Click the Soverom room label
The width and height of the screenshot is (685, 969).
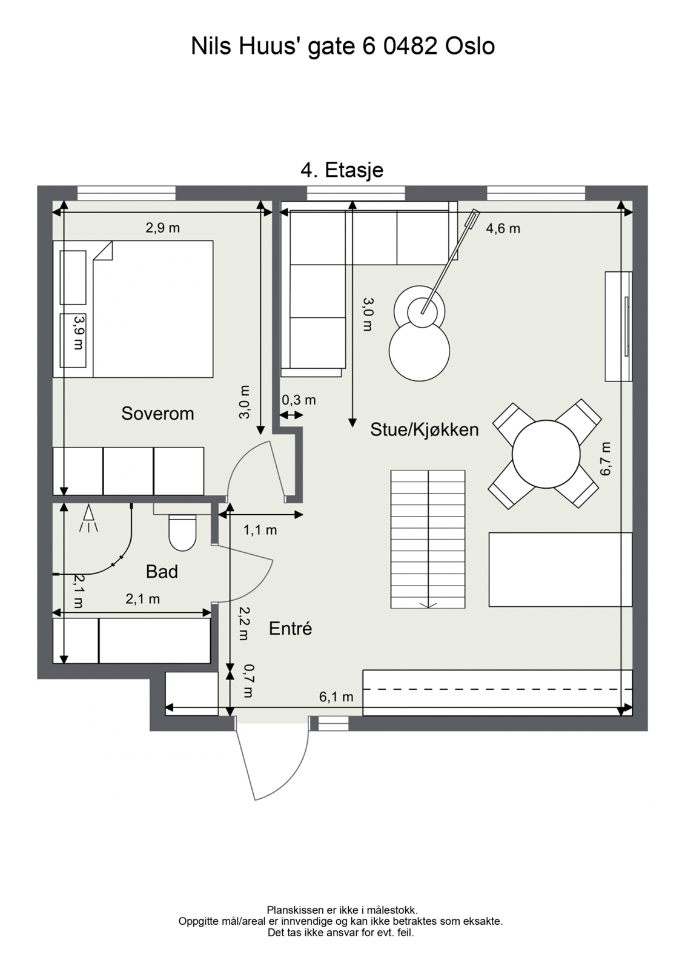tap(157, 414)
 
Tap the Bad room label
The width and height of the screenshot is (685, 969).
tap(162, 572)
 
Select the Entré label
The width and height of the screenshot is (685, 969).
tap(290, 629)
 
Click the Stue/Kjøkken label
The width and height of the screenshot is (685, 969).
tap(424, 430)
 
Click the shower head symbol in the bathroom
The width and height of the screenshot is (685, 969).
tap(89, 518)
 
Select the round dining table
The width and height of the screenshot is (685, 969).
tap(546, 454)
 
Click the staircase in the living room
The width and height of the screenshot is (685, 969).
tap(428, 539)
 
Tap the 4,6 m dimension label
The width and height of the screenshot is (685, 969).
tap(503, 229)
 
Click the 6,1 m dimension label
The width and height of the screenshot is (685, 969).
tap(336, 697)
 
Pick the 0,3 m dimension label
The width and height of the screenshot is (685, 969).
tap(299, 400)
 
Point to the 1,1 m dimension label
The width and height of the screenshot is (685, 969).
tap(260, 531)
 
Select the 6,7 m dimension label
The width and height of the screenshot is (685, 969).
tap(605, 458)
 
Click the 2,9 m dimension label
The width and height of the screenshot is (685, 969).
tap(162, 228)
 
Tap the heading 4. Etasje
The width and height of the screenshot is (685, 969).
tap(342, 170)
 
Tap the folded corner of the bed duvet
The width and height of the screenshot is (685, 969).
tap(104, 251)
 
